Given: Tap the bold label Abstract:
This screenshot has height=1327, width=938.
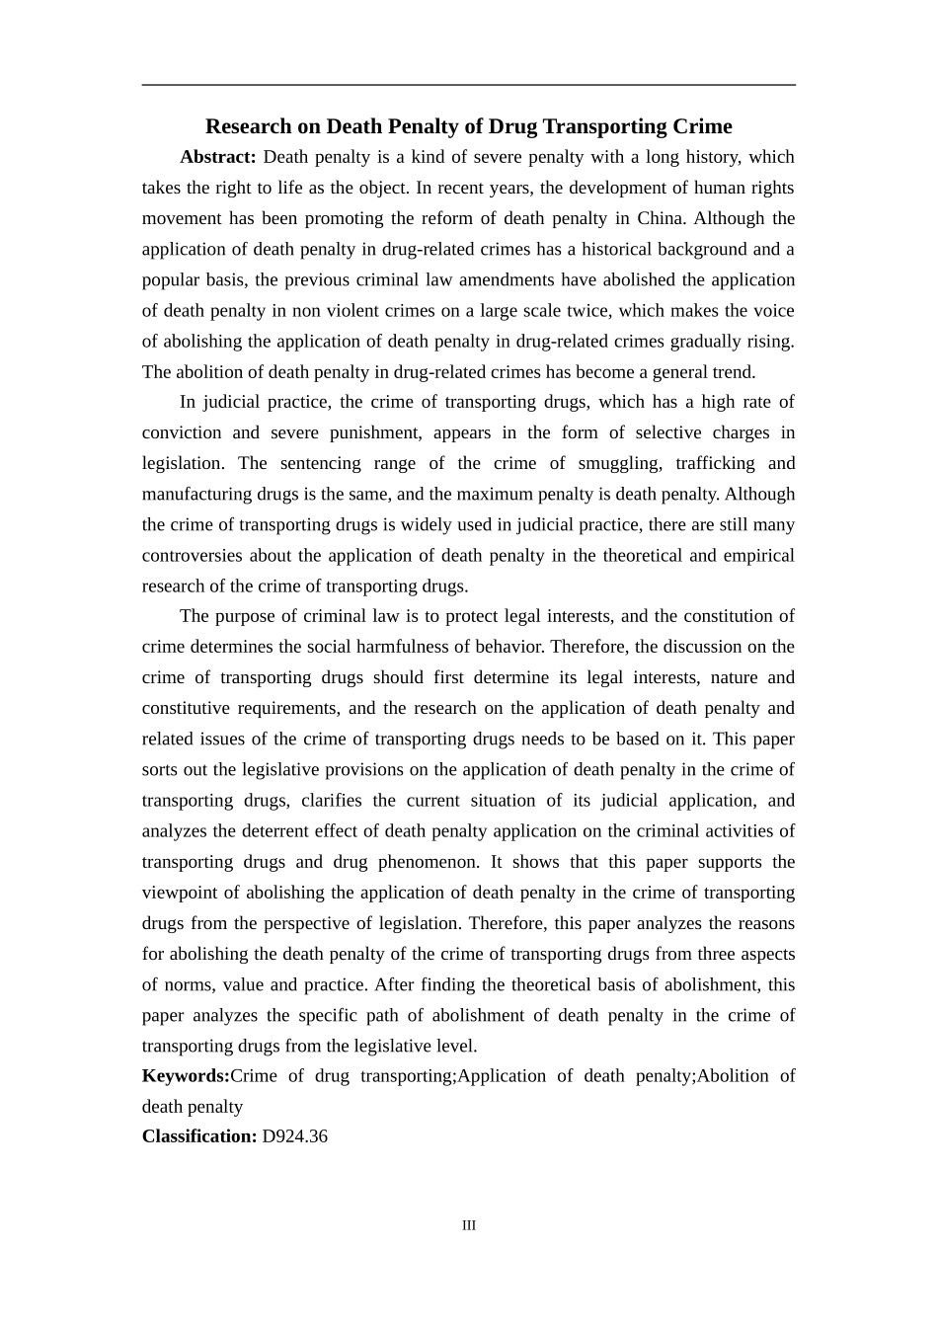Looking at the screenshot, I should (x=218, y=157).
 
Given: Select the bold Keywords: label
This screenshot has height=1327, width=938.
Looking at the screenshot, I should (x=186, y=1076).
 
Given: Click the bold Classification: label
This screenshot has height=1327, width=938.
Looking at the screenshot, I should (x=199, y=1136).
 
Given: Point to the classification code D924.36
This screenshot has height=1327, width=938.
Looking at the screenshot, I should (x=295, y=1136).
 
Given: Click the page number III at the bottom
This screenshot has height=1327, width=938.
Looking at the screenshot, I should (x=469, y=1225).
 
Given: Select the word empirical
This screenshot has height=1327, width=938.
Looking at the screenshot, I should (x=759, y=556).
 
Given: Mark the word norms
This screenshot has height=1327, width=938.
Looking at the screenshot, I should (x=187, y=984).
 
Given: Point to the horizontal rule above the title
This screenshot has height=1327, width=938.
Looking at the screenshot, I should (x=469, y=85).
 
